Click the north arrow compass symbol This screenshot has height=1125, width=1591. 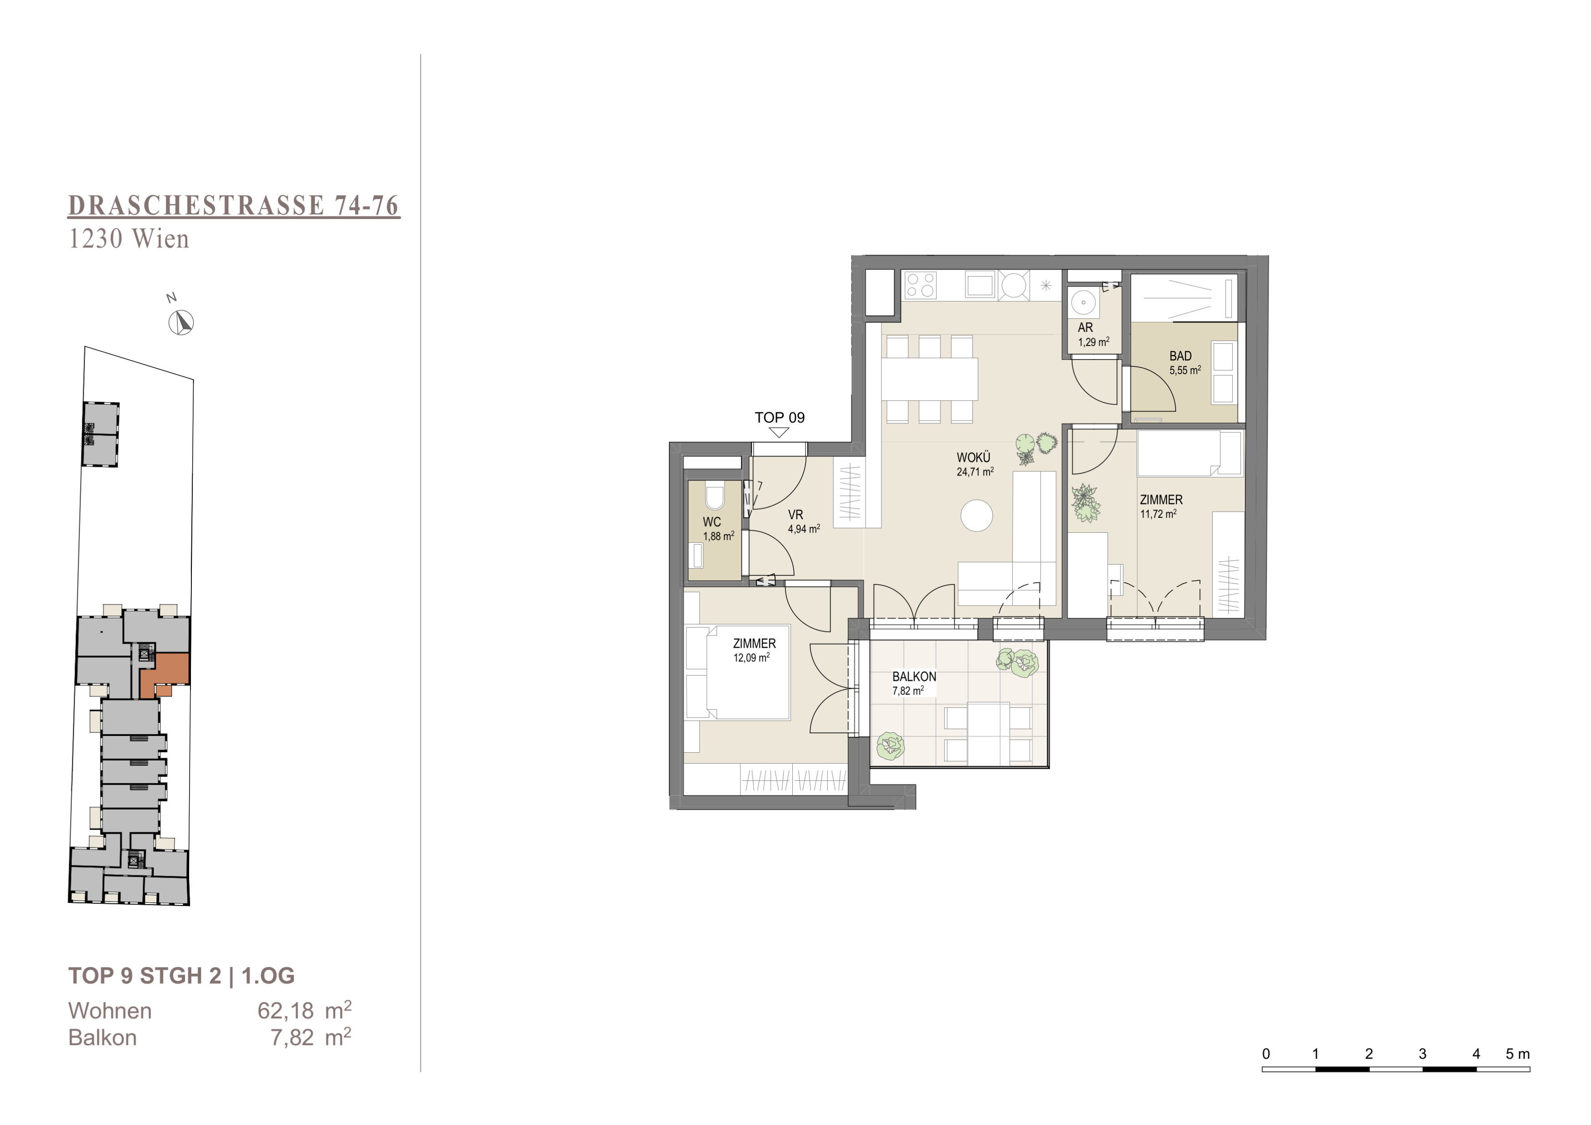181,323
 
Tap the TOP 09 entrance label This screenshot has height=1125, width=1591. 780,418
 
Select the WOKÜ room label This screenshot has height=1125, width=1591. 974,458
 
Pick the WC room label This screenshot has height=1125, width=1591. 712,522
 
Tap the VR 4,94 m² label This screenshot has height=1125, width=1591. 804,522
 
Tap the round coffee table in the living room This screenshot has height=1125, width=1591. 977,516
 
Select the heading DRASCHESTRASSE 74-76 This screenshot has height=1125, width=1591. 234,206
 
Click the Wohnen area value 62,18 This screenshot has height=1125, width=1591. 285,1011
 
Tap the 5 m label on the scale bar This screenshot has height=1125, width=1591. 1517,1054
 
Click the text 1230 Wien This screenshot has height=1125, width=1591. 129,239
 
